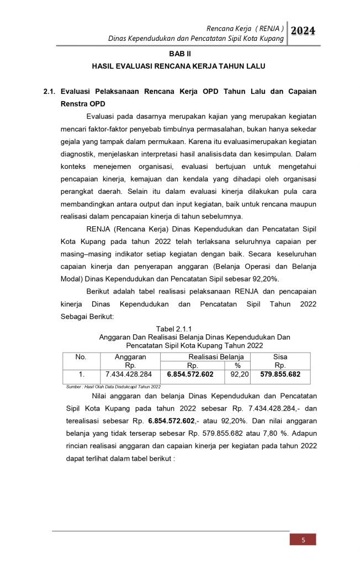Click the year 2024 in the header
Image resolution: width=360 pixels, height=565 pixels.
coord(303,31)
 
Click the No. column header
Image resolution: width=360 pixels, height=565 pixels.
coord(81,357)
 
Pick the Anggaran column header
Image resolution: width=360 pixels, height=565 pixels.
coord(130,357)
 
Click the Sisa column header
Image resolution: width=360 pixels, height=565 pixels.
coord(280,357)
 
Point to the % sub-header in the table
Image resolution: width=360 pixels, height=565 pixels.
coord(237,365)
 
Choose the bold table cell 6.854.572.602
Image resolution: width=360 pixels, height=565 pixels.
coord(189,375)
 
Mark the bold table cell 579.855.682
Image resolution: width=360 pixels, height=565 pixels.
coord(280,375)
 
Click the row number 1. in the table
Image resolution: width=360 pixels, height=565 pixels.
coord(81,375)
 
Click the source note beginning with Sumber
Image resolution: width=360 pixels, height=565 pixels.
coord(109,387)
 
